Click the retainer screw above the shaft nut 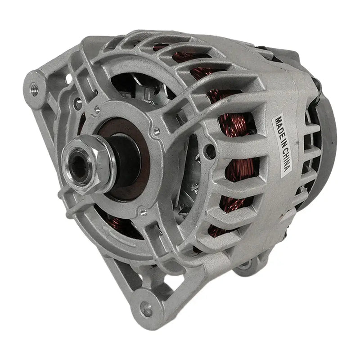(97, 108)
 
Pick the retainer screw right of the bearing (156, 132)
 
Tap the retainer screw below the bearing (143, 211)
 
